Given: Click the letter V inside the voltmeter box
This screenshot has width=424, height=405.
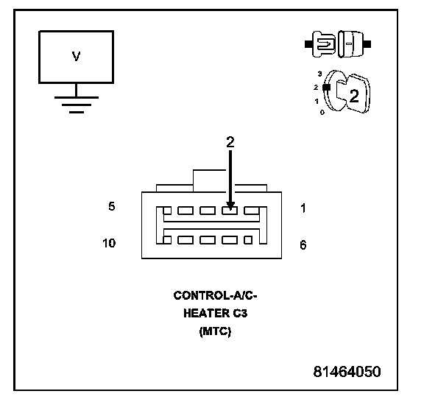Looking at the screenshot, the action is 77,56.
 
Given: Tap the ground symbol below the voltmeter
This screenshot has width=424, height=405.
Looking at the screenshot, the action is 77,105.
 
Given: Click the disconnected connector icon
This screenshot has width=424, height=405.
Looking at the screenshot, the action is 338,44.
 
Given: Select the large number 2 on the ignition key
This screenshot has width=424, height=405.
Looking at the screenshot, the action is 354,96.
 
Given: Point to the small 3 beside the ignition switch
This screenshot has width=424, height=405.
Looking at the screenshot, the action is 320,74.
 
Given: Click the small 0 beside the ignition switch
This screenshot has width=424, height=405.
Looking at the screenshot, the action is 322,112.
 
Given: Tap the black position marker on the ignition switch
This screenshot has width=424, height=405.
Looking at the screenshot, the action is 327,88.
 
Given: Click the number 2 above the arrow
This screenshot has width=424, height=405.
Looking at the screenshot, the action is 230,142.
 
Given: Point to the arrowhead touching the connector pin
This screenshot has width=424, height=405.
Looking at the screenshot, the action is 230,205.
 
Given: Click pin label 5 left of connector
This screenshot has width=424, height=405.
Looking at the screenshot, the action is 112,206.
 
